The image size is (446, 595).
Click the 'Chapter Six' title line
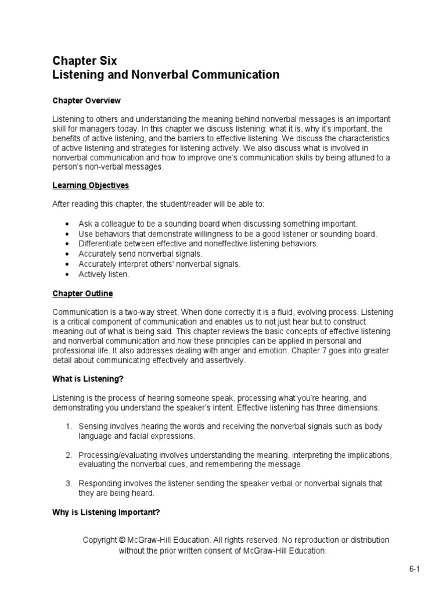85,61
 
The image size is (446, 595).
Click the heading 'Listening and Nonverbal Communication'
166,75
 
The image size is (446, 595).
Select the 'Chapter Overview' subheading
87,101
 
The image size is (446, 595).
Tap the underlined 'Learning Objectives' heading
91,185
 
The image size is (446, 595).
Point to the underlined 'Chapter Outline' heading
82,293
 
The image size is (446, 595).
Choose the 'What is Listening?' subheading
88,379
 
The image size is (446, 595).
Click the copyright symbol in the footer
122,540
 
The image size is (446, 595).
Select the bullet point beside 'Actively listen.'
68,274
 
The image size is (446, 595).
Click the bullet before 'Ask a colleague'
68,224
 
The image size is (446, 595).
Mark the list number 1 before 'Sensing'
68,426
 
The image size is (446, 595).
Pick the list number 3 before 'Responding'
68,483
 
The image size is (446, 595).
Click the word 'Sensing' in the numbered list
93,426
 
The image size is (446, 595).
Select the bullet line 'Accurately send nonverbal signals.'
141,254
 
